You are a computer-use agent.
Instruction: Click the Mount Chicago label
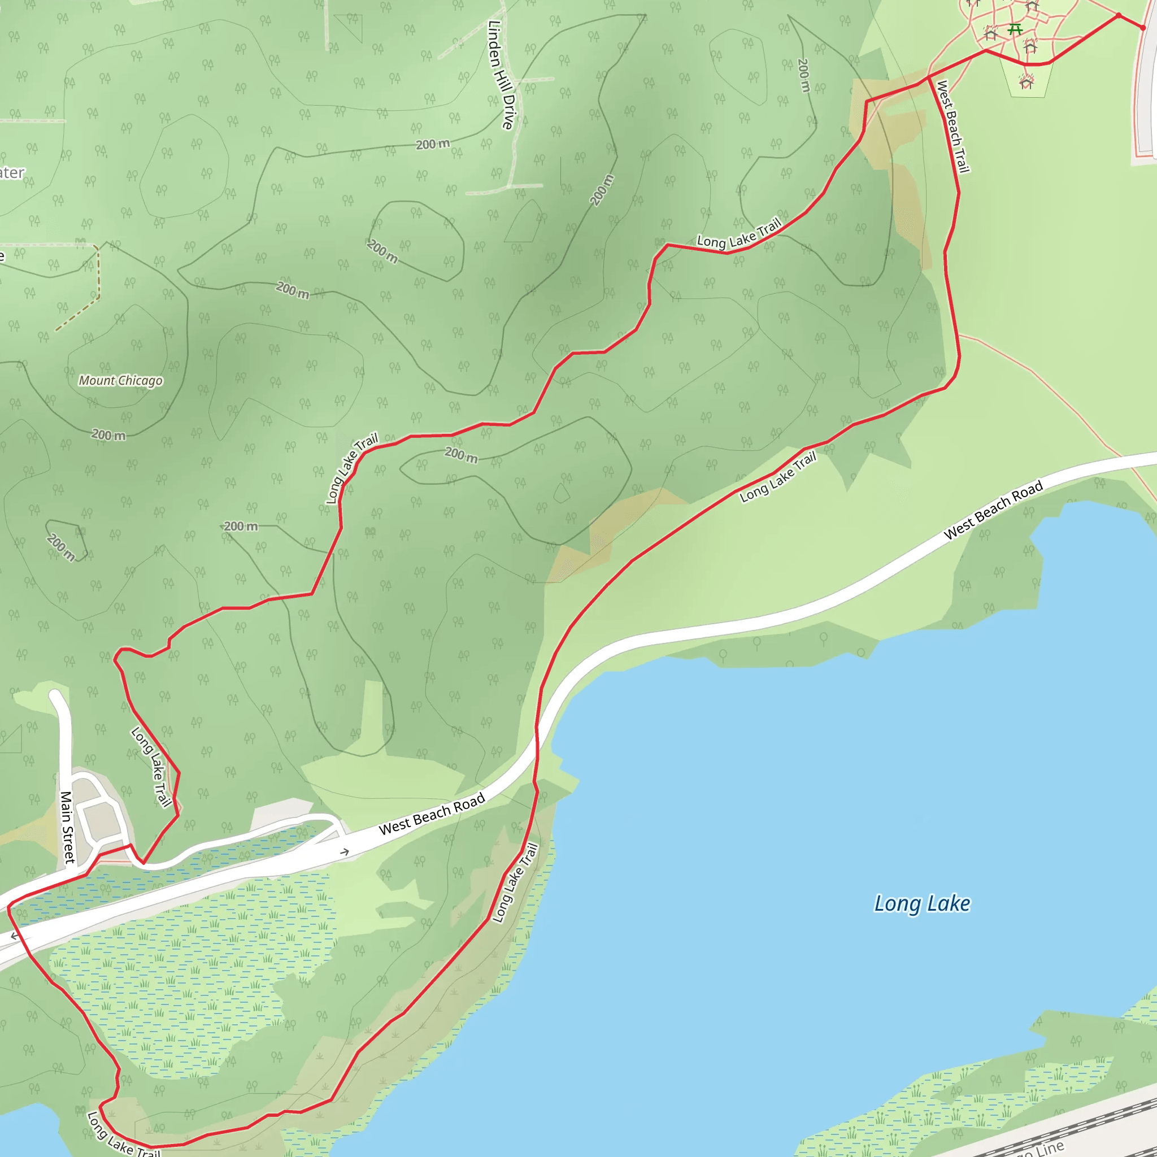(x=120, y=381)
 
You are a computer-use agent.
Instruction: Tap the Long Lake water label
(x=921, y=903)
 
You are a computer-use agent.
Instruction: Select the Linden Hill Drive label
(x=501, y=75)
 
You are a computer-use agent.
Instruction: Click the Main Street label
(x=67, y=827)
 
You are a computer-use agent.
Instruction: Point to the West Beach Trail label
(x=952, y=127)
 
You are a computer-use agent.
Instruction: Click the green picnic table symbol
(x=1014, y=29)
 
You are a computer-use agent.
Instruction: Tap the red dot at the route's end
(x=1143, y=28)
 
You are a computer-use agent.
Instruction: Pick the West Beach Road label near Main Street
(x=431, y=815)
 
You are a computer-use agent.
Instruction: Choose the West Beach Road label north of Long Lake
(x=993, y=510)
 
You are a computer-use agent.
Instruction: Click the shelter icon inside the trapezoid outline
(x=1026, y=82)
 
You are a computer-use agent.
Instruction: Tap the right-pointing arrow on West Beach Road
(x=345, y=851)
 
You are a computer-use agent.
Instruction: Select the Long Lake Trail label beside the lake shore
(x=515, y=883)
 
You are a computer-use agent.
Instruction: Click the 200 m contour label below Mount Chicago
(x=108, y=436)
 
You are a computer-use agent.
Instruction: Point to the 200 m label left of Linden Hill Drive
(x=432, y=144)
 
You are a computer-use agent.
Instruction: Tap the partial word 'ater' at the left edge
(x=12, y=173)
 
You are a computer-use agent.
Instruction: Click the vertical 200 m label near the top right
(x=804, y=75)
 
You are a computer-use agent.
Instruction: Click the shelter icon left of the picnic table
(x=990, y=33)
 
